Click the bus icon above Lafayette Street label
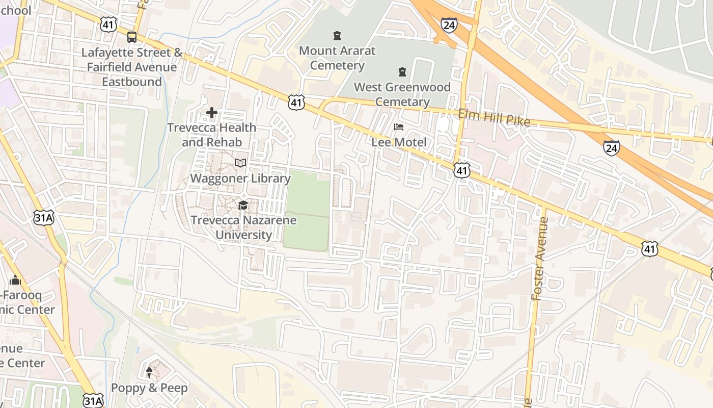tap(132, 37)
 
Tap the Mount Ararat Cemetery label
tap(337, 58)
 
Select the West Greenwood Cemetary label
tap(402, 94)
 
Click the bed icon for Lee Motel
tap(398, 126)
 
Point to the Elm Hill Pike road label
tap(494, 118)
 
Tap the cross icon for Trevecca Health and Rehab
tap(212, 112)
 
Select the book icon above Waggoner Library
tap(240, 163)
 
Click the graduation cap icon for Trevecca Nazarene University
tap(243, 205)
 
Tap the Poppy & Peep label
tap(149, 388)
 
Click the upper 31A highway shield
tap(44, 218)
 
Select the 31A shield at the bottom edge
tap(93, 400)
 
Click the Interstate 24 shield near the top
tap(449, 24)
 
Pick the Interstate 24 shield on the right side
tap(611, 148)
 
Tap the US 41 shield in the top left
tap(108, 23)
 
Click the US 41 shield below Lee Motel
tap(461, 170)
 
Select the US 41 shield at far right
tap(649, 249)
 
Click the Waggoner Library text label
tap(240, 178)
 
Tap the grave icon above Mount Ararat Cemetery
tap(337, 35)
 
